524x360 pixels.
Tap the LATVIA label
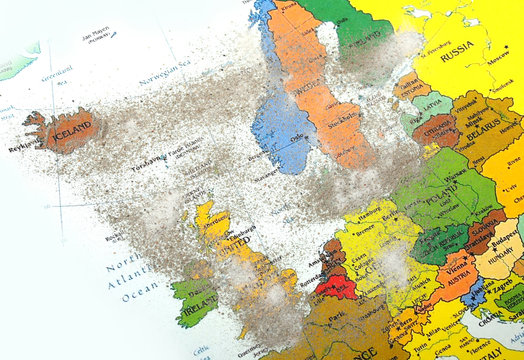pyautogui.click(x=433, y=103)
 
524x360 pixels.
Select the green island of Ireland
pyautogui.click(x=197, y=301)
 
